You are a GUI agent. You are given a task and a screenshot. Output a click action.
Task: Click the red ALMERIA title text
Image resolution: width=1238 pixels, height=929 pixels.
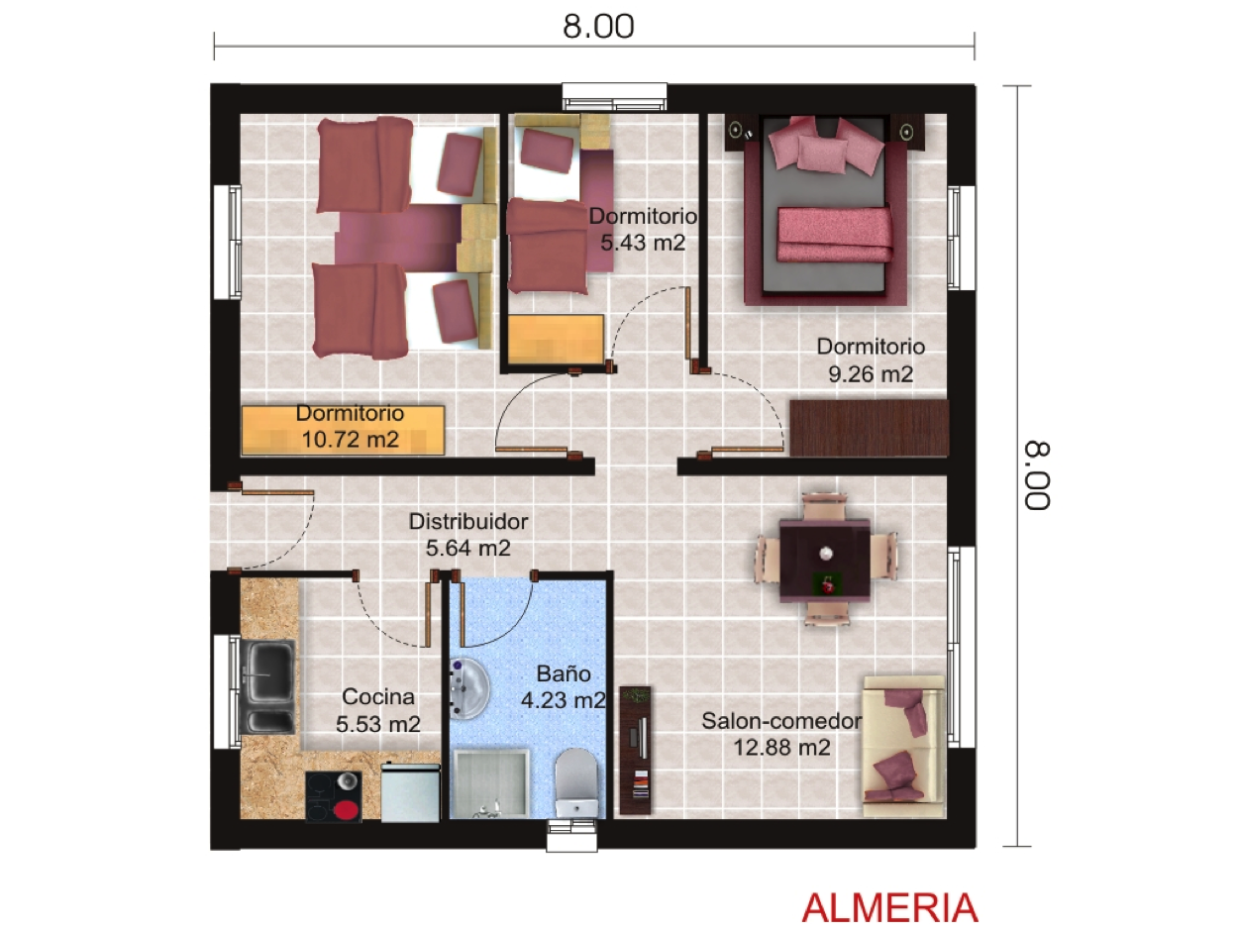pyautogui.click(x=889, y=907)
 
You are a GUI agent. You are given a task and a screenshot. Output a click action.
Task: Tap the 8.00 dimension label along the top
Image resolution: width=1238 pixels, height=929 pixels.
pyautogui.click(x=598, y=26)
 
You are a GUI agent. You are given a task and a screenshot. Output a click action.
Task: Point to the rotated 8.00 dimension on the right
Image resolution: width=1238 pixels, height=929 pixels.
pyautogui.click(x=1038, y=475)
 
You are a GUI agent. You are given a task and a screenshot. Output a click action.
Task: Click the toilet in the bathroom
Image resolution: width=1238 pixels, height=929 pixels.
pyautogui.click(x=575, y=782)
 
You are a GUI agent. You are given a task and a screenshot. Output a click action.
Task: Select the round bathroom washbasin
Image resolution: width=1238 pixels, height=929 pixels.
pyautogui.click(x=469, y=688)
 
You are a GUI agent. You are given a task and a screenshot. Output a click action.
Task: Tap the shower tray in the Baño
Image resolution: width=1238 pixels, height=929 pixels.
pyautogui.click(x=489, y=782)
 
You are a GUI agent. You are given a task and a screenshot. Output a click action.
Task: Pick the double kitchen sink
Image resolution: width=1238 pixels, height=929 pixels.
pyautogui.click(x=267, y=686)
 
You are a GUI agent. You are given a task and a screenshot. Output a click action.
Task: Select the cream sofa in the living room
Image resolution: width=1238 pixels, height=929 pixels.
pyautogui.click(x=903, y=746)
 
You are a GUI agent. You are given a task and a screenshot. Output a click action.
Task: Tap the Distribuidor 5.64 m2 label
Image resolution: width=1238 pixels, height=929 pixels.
pyautogui.click(x=468, y=535)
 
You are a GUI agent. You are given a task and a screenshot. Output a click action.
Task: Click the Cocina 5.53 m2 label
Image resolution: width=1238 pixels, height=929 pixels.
pyautogui.click(x=378, y=710)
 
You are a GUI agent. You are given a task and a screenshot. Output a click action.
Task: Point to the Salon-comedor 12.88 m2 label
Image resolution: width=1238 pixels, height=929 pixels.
pyautogui.click(x=781, y=734)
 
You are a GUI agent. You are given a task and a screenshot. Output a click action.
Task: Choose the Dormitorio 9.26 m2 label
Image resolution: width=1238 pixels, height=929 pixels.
pyautogui.click(x=871, y=360)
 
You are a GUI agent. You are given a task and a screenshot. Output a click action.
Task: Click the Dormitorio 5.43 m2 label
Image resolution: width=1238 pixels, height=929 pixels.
pyautogui.click(x=643, y=229)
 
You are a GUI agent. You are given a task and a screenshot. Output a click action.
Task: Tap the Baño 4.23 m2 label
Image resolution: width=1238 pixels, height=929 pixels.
pyautogui.click(x=563, y=686)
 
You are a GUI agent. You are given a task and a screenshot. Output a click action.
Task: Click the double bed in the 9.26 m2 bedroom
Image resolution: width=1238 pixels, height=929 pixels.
pyautogui.click(x=825, y=210)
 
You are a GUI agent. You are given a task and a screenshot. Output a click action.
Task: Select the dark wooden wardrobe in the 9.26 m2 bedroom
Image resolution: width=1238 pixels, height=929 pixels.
pyautogui.click(x=869, y=428)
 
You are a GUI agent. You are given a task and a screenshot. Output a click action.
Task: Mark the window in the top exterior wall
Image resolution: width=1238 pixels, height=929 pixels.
pyautogui.click(x=614, y=96)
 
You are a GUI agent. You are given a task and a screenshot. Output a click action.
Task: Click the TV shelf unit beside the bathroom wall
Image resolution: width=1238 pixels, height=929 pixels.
pyautogui.click(x=636, y=750)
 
